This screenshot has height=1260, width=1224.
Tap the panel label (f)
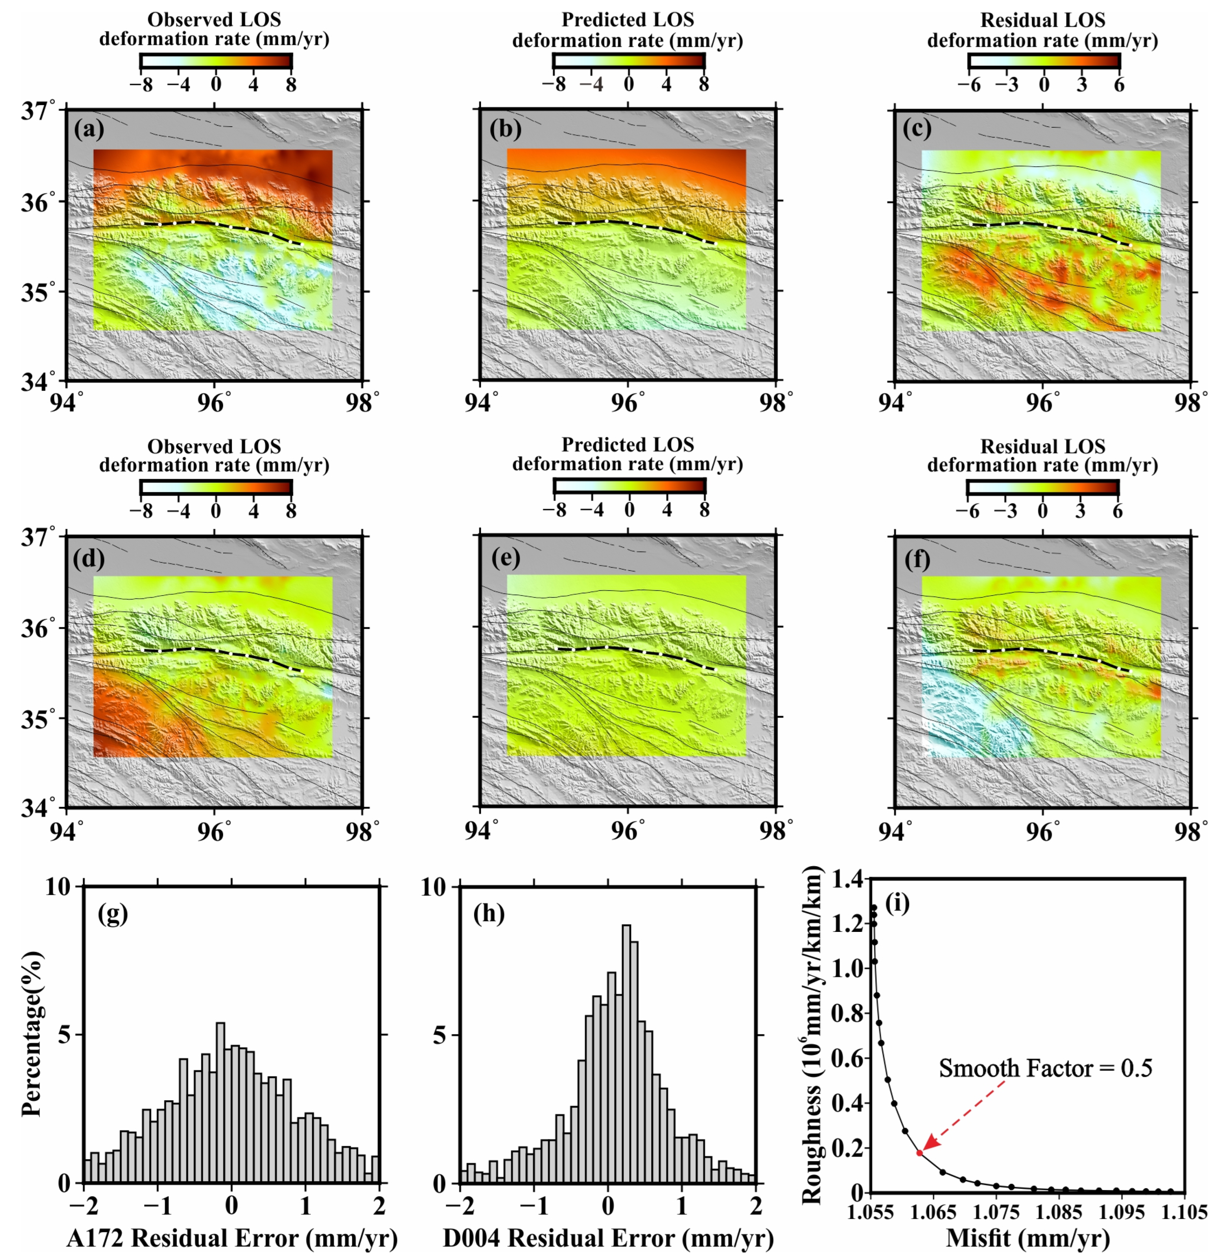click(917, 560)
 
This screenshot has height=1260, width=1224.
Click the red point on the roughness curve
click(919, 1153)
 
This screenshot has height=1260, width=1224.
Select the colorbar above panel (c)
click(1044, 61)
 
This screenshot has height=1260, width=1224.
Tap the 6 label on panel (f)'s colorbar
click(1118, 511)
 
